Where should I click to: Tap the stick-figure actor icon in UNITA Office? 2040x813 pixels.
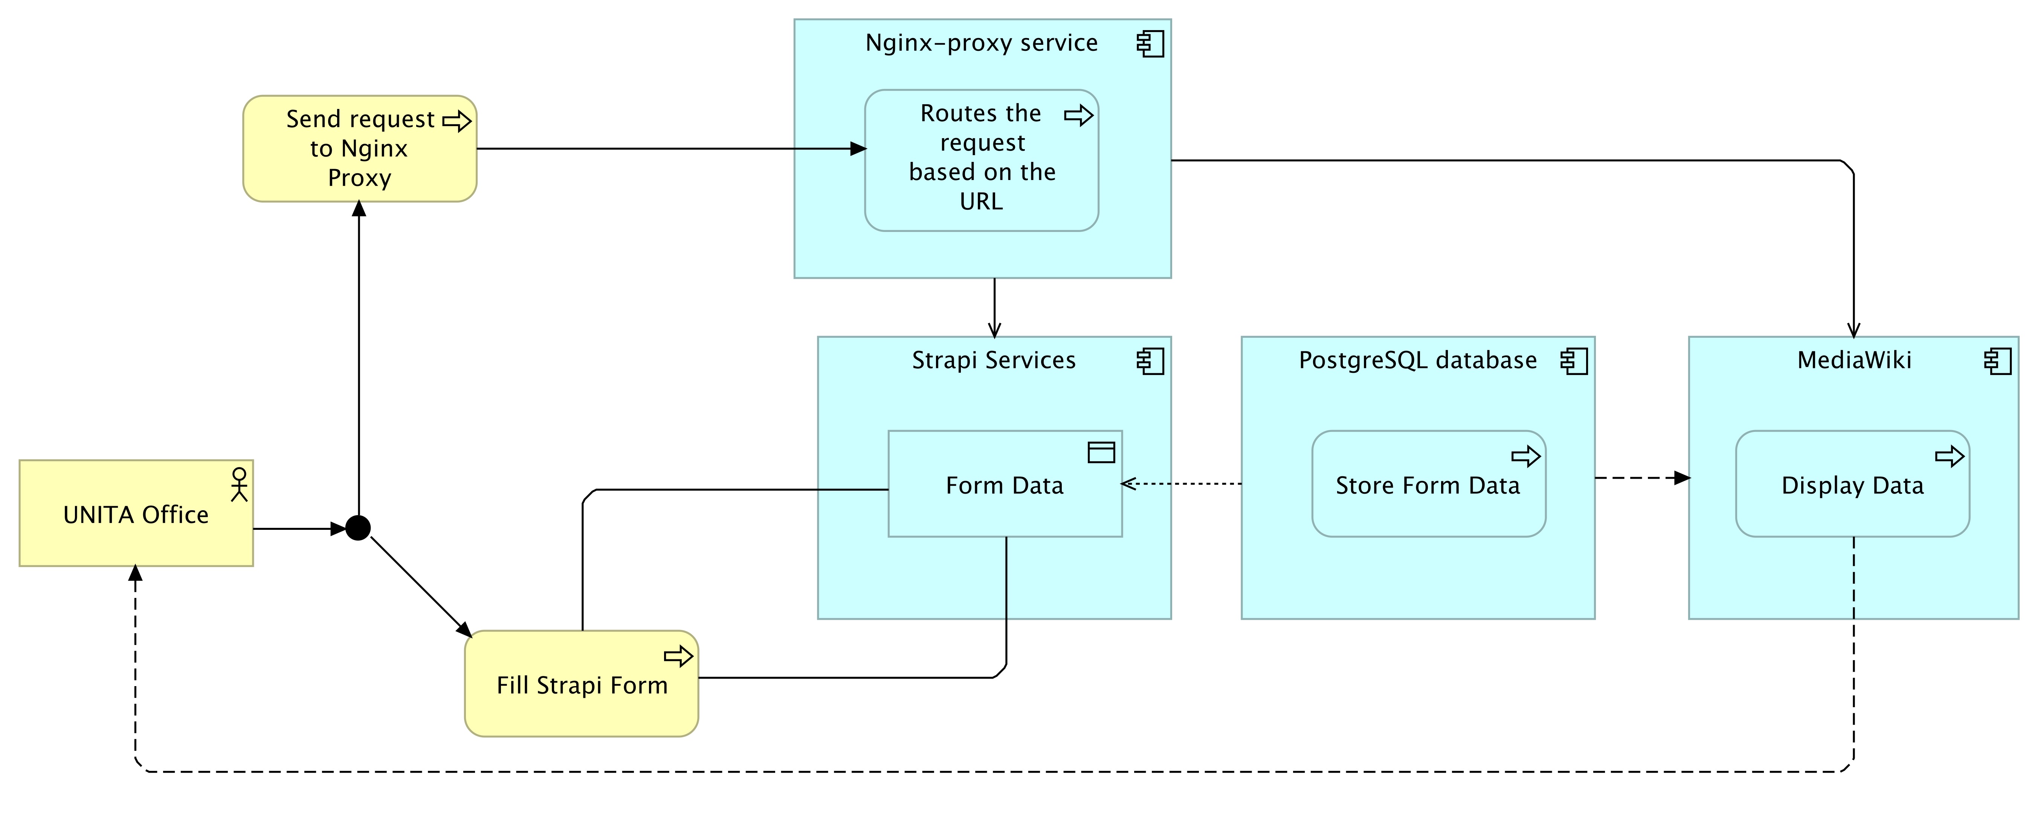click(x=239, y=484)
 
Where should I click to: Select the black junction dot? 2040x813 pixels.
click(x=358, y=527)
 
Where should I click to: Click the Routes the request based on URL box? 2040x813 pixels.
click(x=981, y=160)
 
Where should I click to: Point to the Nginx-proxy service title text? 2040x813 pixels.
click(x=981, y=43)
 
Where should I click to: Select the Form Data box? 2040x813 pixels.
click(x=1005, y=484)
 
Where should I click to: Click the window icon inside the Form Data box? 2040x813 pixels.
click(x=1101, y=452)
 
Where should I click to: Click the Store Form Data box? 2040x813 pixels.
click(x=1429, y=484)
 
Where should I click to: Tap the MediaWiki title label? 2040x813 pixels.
click(x=1854, y=360)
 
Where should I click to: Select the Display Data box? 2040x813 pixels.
click(x=1852, y=484)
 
